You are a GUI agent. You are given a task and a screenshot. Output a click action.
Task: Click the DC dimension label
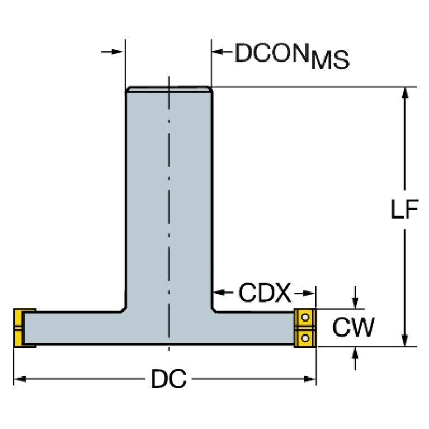click(168, 379)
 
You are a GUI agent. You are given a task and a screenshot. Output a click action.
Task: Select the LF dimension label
click(404, 209)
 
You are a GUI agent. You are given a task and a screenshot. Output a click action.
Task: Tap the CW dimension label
click(353, 327)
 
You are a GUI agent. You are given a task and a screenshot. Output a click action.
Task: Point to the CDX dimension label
click(265, 293)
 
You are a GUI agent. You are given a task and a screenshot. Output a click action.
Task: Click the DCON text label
click(272, 53)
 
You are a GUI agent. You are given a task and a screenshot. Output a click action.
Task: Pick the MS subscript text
click(330, 60)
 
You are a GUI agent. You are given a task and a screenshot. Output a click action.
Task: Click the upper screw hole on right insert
click(305, 318)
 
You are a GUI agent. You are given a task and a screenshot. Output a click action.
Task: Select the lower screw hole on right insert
click(305, 338)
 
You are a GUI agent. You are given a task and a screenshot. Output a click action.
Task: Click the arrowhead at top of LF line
click(405, 92)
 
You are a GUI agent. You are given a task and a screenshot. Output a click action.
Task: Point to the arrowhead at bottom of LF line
click(405, 341)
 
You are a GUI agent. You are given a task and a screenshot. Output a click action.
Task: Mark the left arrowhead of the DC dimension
click(20, 379)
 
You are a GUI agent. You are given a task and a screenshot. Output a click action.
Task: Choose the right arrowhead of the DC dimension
click(310, 379)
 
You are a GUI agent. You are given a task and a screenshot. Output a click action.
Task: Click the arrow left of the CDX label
click(223, 293)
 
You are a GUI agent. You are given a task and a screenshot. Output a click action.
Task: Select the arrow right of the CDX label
click(304, 293)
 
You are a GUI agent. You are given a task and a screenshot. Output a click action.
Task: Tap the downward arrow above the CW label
click(355, 298)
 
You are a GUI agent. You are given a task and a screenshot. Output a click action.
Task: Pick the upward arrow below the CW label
click(355, 359)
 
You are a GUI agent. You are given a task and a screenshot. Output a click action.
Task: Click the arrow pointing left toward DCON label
click(222, 51)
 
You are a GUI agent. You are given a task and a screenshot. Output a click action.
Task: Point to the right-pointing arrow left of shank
click(112, 51)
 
